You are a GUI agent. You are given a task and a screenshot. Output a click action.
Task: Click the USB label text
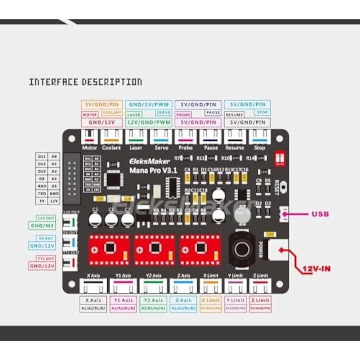pyautogui.click(x=320, y=214)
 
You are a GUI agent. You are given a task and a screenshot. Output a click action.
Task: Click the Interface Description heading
pyautogui.click(x=85, y=82)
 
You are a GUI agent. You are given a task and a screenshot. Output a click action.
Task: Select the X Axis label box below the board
pyautogui.click(x=93, y=300)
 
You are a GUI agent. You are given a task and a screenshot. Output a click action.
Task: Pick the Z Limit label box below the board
pyautogui.click(x=260, y=300)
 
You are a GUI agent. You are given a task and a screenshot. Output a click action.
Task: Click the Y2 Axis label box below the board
pyautogui.click(x=154, y=300)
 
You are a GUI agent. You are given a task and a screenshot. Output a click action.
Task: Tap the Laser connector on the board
pyautogui.click(x=136, y=137)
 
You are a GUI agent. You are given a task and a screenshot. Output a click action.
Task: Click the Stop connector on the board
pyautogui.click(x=260, y=137)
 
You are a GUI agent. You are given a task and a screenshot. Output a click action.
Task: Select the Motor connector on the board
pyautogui.click(x=90, y=137)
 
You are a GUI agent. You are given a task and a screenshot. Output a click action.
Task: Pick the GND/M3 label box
pyautogui.click(x=42, y=226)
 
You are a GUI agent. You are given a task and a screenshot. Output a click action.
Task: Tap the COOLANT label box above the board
pyautogui.click(x=112, y=113)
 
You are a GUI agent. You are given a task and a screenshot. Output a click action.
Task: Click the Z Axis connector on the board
pyautogui.click(x=184, y=286)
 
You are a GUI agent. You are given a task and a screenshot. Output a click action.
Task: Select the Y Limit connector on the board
pyautogui.click(x=235, y=286)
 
